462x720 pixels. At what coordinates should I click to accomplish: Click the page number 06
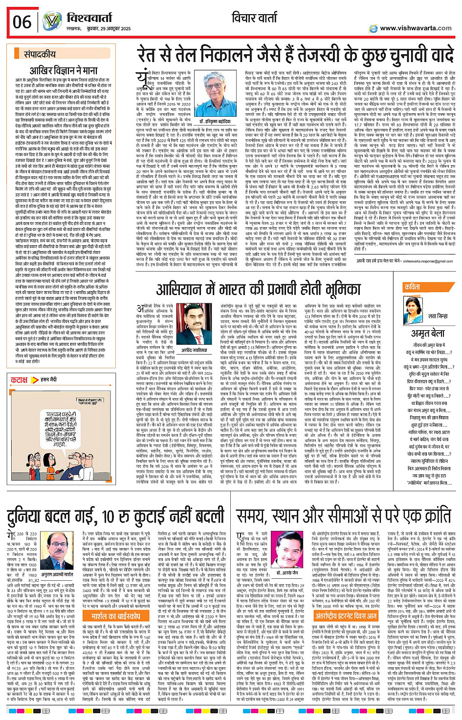[22, 22]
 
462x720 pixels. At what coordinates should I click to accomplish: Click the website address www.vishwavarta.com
[416, 28]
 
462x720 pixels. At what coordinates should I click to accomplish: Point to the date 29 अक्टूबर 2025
[112, 29]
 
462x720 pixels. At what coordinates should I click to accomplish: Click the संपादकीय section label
[40, 54]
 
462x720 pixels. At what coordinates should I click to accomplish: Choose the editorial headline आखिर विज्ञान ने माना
[64, 70]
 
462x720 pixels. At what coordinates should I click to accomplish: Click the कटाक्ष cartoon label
[20, 380]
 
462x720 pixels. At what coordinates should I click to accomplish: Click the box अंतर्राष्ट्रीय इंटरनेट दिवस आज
[346, 616]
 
